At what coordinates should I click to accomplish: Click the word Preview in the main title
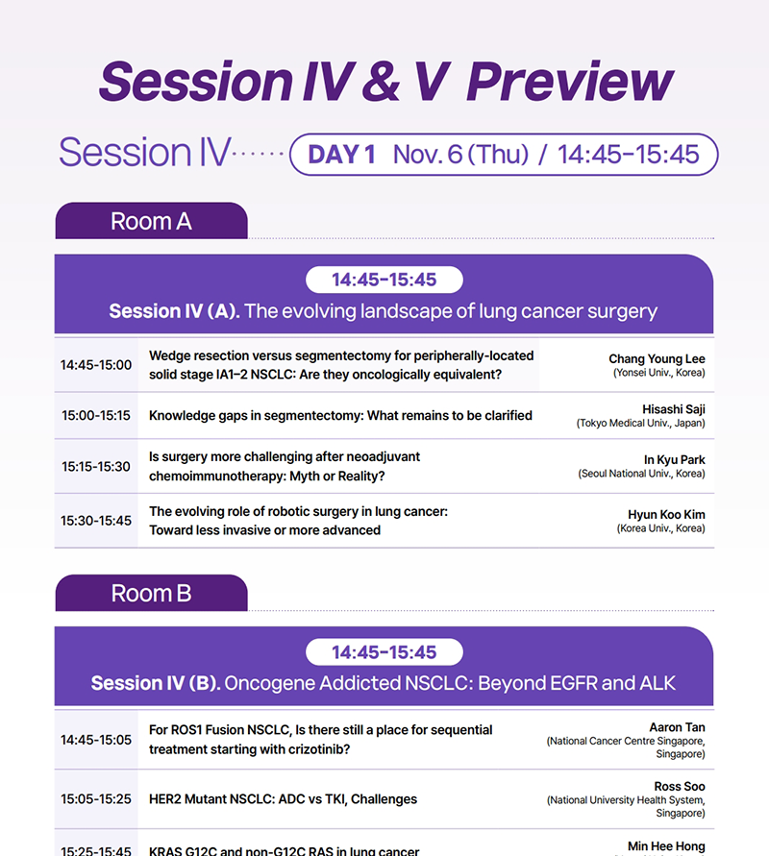[x=570, y=82]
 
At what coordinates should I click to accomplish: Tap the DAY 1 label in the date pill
[x=341, y=155]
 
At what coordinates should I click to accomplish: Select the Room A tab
[x=151, y=221]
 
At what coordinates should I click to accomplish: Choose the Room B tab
[x=151, y=593]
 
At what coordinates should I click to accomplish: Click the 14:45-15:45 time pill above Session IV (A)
[x=384, y=280]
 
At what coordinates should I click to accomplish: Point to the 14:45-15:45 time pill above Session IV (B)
[x=384, y=651]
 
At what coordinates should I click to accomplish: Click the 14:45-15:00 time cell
[x=96, y=365]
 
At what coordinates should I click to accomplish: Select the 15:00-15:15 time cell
[x=96, y=415]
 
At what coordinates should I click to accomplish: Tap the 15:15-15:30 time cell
[x=96, y=467]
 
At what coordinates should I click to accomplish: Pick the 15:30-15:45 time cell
[x=96, y=521]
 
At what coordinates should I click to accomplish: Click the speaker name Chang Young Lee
[x=657, y=359]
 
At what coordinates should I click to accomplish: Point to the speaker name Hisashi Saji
[x=674, y=409]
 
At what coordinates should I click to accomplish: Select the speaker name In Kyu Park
[x=674, y=459]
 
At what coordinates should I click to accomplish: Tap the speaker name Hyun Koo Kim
[x=666, y=514]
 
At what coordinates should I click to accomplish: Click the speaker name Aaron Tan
[x=677, y=727]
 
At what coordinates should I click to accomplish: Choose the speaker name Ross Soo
[x=680, y=786]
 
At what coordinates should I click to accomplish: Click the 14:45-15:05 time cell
[x=96, y=740]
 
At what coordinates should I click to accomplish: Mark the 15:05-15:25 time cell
[x=96, y=798]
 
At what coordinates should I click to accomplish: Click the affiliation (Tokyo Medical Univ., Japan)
[x=640, y=423]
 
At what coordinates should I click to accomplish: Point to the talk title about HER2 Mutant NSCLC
[x=283, y=799]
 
